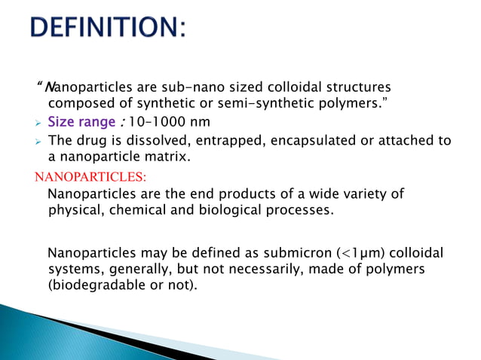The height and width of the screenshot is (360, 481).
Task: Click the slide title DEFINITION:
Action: tap(109, 31)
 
